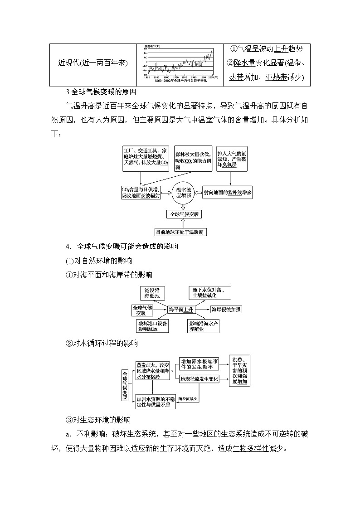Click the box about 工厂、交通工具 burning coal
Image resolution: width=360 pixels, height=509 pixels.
tap(146, 158)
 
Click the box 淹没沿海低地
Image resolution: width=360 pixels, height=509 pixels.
tap(152, 293)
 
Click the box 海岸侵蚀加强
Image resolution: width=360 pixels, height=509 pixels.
tap(226, 309)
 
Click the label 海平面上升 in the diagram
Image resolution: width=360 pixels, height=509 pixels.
tap(181, 309)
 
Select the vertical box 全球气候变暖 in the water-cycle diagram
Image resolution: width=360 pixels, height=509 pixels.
tap(125, 385)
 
